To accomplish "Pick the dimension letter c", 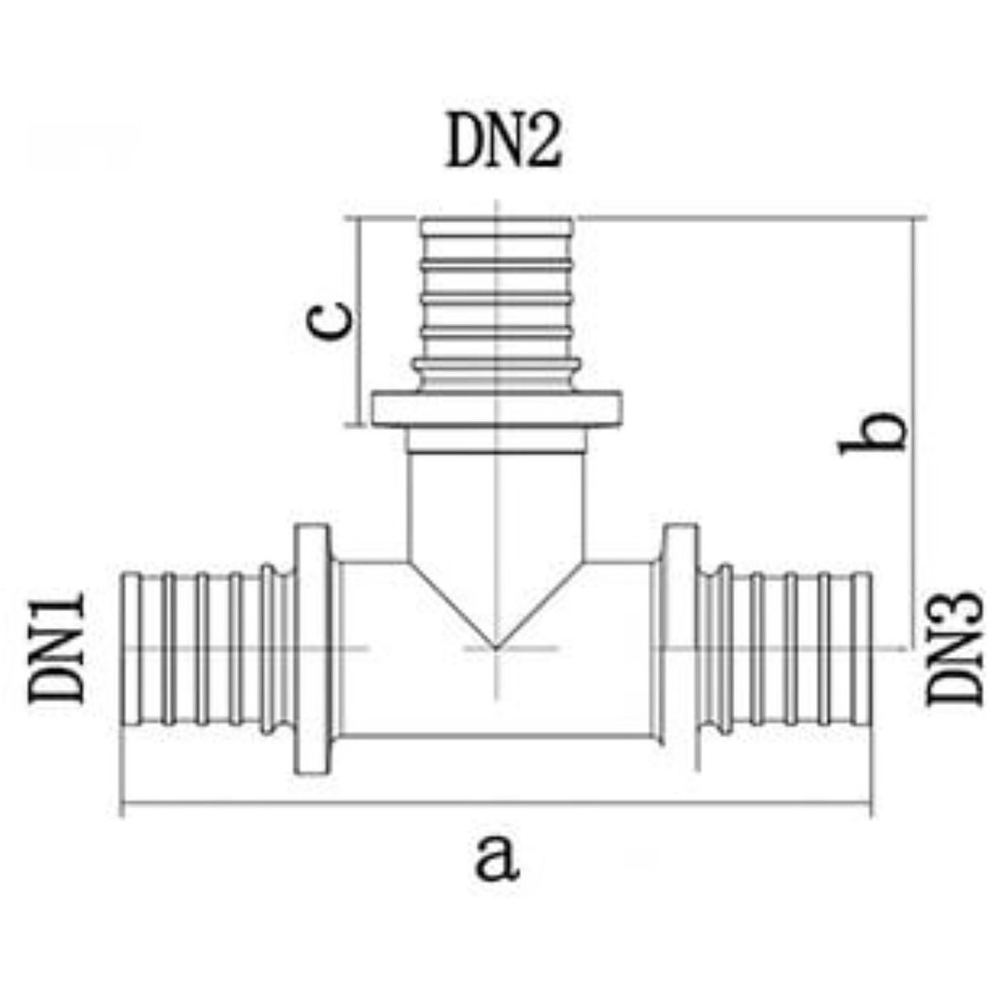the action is pyautogui.click(x=329, y=321).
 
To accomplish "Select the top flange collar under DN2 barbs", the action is pyautogui.click(x=496, y=409).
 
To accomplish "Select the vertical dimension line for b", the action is pyautogui.click(x=913, y=434).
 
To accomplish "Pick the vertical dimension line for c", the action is pyautogui.click(x=359, y=321).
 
